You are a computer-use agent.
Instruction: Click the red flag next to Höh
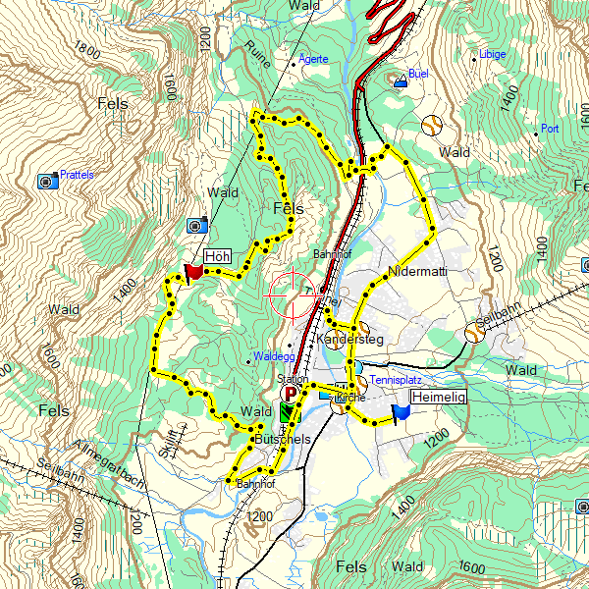(x=191, y=272)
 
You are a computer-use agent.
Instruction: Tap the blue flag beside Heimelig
(x=401, y=413)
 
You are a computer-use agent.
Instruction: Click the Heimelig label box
(x=439, y=397)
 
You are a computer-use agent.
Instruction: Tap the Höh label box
(x=217, y=256)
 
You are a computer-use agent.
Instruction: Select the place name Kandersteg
(x=350, y=339)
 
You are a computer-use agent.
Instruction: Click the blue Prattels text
(x=77, y=175)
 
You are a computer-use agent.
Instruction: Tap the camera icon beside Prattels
(x=46, y=181)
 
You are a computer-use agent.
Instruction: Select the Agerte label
(x=314, y=59)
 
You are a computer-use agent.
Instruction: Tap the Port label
(x=550, y=128)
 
